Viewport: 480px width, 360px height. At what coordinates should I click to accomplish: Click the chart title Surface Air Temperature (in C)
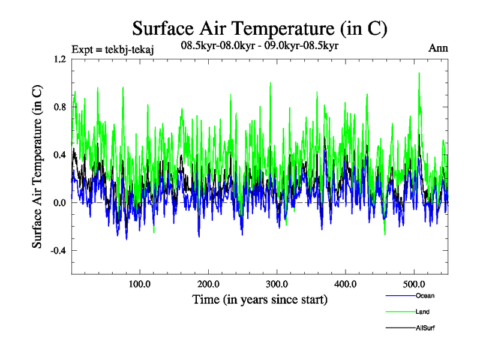pos(260,28)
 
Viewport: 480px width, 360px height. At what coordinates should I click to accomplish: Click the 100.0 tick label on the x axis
pos(140,285)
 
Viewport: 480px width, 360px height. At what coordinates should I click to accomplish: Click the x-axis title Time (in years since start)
pos(260,299)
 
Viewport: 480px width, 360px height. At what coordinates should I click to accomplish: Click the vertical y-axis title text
pos(37,167)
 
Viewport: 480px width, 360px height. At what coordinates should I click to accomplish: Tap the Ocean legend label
pos(424,295)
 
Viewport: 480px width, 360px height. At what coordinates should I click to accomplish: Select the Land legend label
pos(422,311)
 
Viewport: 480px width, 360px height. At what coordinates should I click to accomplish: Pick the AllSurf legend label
pos(424,328)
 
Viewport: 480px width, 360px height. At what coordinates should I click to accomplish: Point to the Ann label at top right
pos(438,48)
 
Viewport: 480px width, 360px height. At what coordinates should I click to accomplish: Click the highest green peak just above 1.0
pos(419,73)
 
